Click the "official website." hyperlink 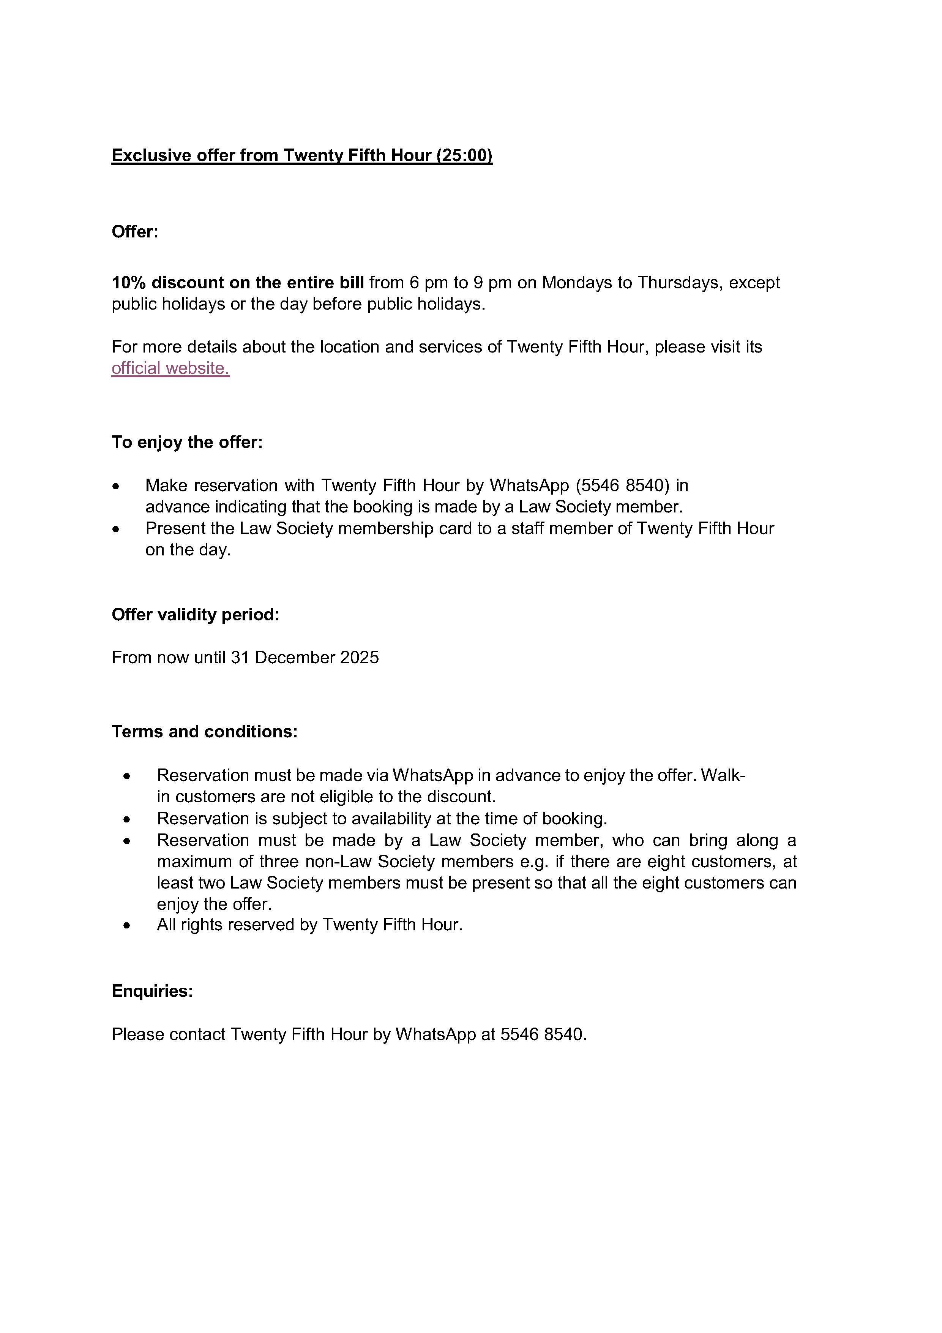pyautogui.click(x=170, y=368)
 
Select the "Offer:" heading pyautogui.click(x=135, y=232)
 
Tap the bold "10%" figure pyautogui.click(x=129, y=283)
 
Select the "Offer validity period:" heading pyautogui.click(x=195, y=614)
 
